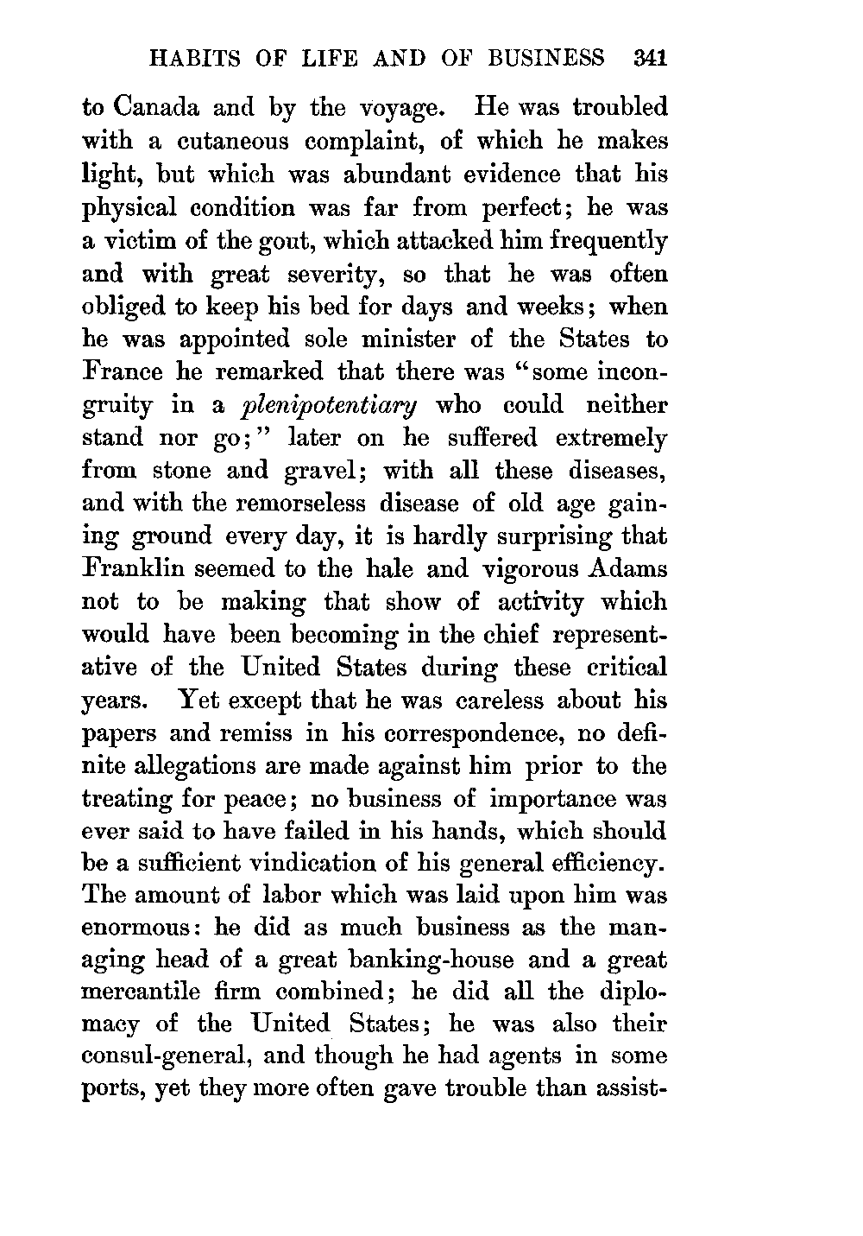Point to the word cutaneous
click(x=215, y=142)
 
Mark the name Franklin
click(x=135, y=570)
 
